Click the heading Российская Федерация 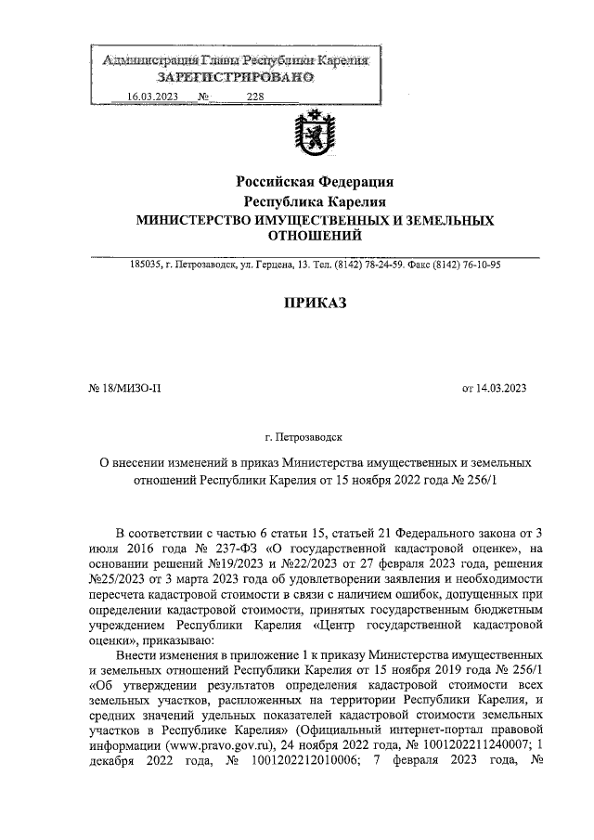(x=315, y=181)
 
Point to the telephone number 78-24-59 (x=383, y=265)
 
